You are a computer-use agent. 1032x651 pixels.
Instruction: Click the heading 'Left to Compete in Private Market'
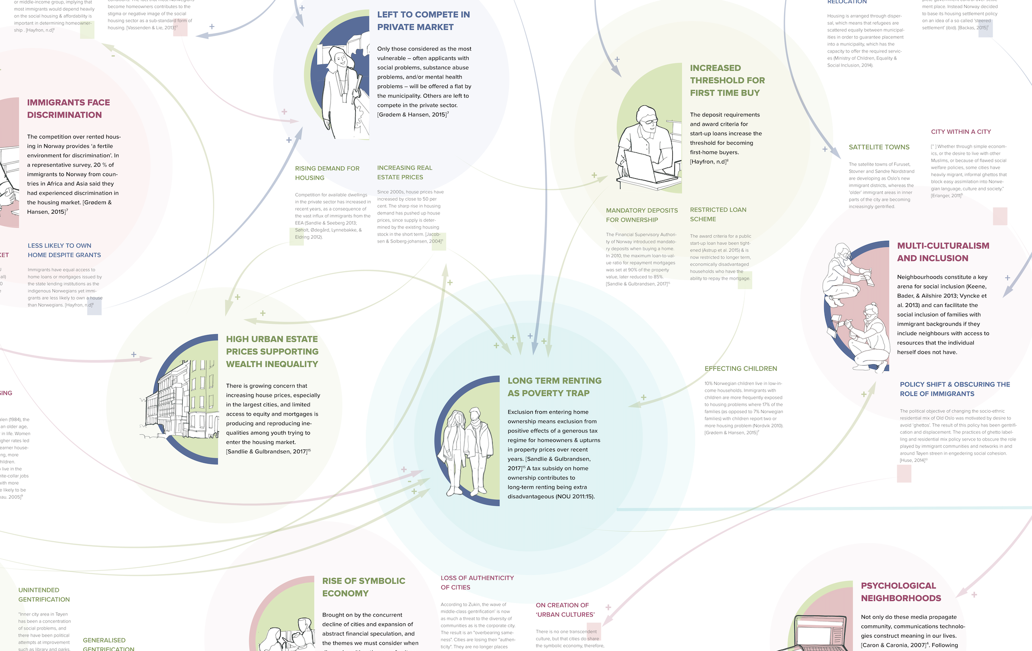pos(423,21)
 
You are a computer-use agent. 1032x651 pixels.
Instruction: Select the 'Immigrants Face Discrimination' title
pos(68,109)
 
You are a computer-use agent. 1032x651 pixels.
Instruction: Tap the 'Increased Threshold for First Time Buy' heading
pos(727,80)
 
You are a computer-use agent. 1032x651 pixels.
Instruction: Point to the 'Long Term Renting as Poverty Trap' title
pos(554,387)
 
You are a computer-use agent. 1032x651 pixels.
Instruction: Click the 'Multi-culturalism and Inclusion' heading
pos(943,252)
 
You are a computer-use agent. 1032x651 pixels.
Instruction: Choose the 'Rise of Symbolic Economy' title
pos(364,587)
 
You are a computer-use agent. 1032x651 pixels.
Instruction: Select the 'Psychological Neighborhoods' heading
pos(901,592)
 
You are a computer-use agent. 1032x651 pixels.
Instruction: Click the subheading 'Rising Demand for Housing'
pos(327,173)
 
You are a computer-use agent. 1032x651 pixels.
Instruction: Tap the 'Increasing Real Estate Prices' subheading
pos(405,172)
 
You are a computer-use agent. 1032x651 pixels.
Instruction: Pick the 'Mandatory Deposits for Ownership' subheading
pos(642,215)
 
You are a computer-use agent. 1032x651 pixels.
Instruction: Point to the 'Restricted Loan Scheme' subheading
pos(718,214)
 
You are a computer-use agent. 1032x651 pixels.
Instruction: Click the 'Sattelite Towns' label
pos(879,147)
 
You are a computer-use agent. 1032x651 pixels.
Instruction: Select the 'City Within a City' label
pos(961,132)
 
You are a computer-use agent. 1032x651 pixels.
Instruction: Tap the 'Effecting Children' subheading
pos(741,369)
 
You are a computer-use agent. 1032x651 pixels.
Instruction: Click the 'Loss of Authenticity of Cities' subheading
pos(477,582)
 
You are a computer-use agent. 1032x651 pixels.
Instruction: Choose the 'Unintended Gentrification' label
pos(44,594)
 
